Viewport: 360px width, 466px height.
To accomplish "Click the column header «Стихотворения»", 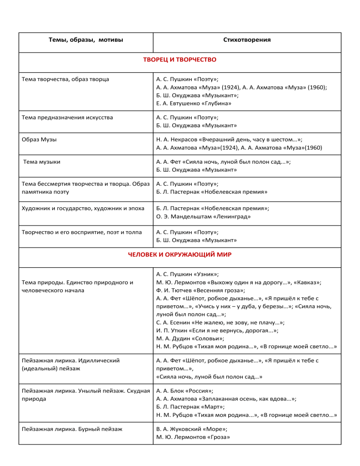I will click(247, 40).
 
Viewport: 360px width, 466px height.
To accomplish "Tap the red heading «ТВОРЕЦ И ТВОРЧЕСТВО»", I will click(180, 60).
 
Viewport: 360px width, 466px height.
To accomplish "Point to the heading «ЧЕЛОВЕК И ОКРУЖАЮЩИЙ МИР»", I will click(180, 255).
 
